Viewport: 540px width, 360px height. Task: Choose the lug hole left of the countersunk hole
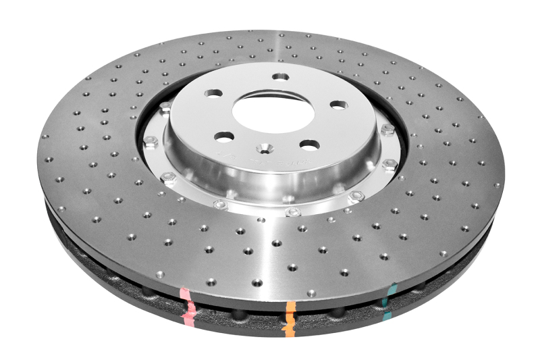click(x=224, y=136)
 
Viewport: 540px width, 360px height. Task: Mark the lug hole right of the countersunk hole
click(x=309, y=145)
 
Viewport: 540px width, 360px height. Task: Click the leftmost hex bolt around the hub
click(x=151, y=142)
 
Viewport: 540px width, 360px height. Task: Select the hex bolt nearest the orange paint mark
click(x=291, y=212)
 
